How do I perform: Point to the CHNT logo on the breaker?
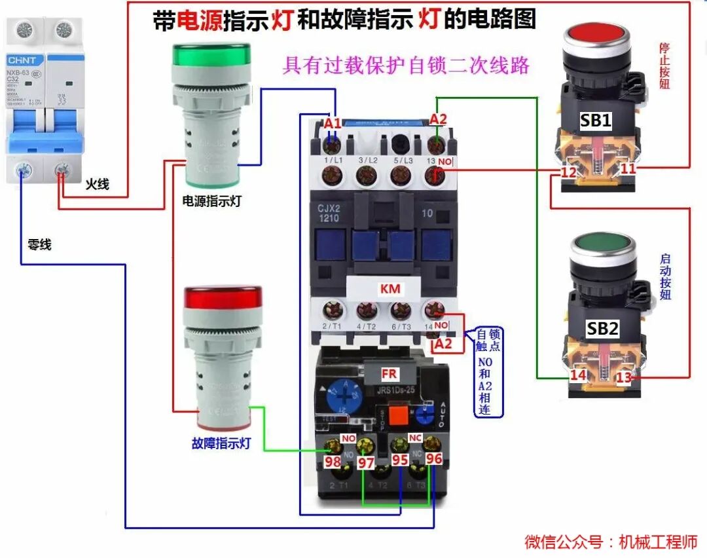[23, 57]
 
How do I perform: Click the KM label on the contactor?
[391, 289]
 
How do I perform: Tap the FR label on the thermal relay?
[390, 374]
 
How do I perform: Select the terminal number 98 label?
[333, 462]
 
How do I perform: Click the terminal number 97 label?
[366, 463]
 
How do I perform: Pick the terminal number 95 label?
[400, 460]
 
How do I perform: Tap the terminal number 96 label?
[433, 459]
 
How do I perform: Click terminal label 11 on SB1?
[628, 169]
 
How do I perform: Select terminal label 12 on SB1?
[568, 173]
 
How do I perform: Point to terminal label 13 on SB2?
[624, 378]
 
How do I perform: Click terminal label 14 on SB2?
[577, 375]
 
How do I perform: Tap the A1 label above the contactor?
[333, 122]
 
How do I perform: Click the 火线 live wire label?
[97, 185]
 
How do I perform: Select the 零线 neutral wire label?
[39, 245]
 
